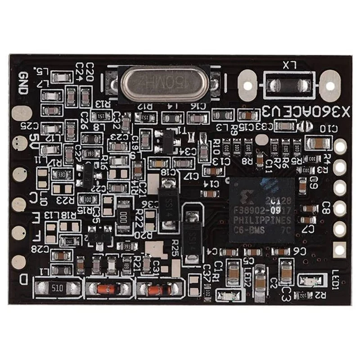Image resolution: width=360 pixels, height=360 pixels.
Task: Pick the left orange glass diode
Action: click(106, 288)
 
